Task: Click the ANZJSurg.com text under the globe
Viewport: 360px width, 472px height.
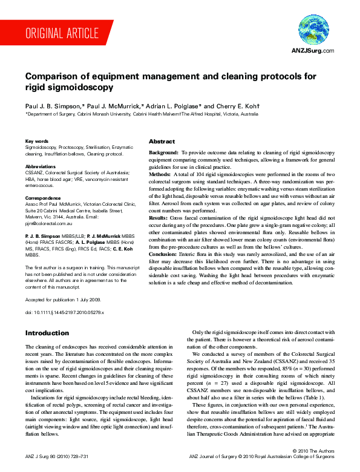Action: pyautogui.click(x=313, y=50)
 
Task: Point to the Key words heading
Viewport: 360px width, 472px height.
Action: pyautogui.click(x=37, y=140)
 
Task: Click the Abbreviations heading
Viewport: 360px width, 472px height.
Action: pyautogui.click(x=41, y=166)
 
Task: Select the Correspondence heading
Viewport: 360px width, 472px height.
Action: pyautogui.click(x=44, y=198)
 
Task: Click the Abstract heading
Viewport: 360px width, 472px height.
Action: pyautogui.click(x=162, y=142)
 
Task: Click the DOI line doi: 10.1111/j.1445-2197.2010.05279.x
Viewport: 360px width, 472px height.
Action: pyautogui.click(x=65, y=312)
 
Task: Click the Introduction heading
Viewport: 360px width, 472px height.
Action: pyautogui.click(x=47, y=333)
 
